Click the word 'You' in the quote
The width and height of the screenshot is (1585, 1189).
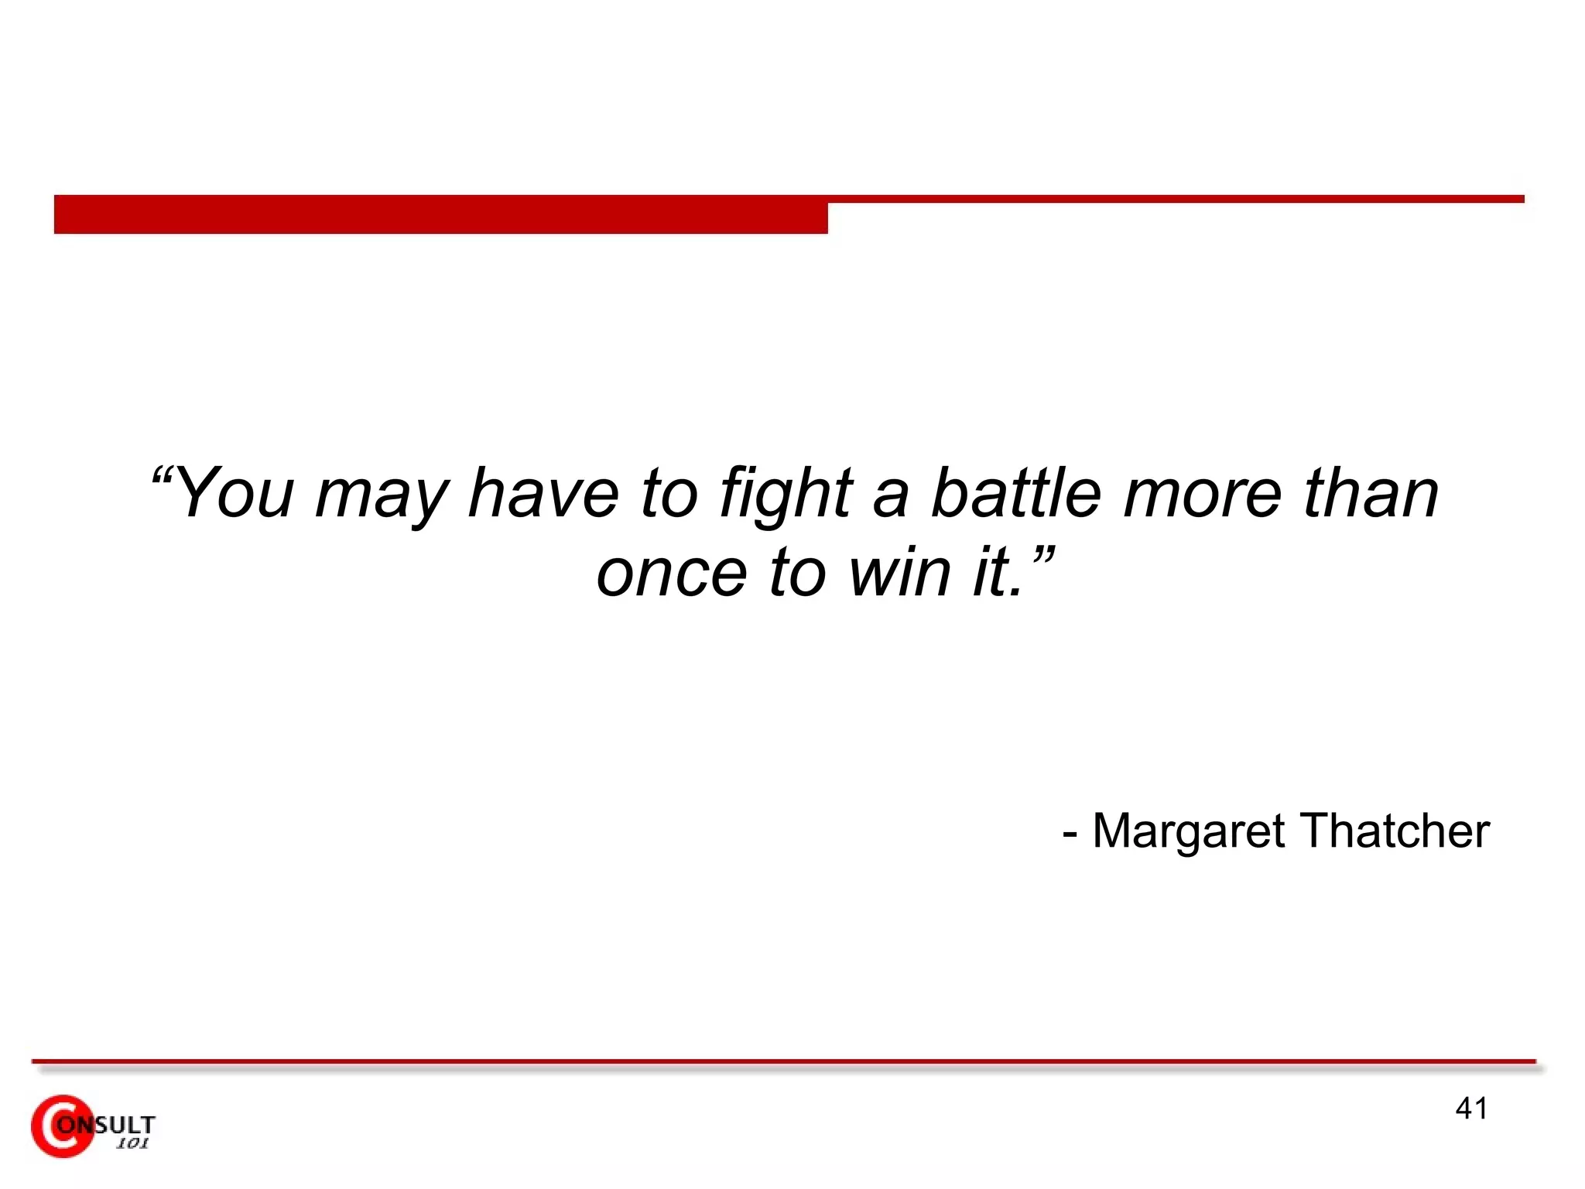pos(237,493)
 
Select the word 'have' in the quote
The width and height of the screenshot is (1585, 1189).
pos(543,493)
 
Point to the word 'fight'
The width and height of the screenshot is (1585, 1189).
pos(785,495)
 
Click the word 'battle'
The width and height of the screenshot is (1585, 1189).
pos(1015,493)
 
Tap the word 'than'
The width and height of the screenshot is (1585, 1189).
pos(1371,493)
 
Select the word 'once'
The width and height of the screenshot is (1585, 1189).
pos(672,574)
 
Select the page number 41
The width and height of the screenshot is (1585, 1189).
pos(1470,1108)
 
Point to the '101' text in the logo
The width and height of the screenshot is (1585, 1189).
pos(132,1144)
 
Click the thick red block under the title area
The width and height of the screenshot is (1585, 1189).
pos(441,215)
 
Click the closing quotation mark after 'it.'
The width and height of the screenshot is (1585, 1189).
pos(1043,553)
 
